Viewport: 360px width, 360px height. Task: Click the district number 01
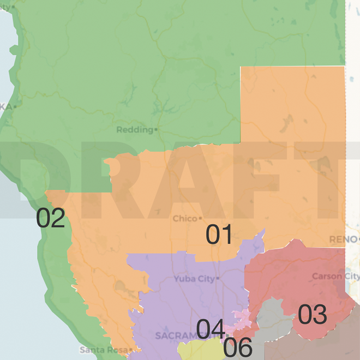[x=219, y=235]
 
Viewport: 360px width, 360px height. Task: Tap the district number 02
[x=50, y=219]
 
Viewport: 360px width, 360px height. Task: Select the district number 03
[x=312, y=315]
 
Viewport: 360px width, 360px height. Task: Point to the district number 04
[x=211, y=329]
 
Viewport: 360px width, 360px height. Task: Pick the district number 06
[x=238, y=348]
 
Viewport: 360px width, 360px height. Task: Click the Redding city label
[x=134, y=130]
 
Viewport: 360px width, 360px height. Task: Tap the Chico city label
[x=184, y=219]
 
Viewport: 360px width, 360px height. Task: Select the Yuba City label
[x=194, y=279]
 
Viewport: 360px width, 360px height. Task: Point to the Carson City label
[x=335, y=277]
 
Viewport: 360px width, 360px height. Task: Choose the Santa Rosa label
[x=104, y=350]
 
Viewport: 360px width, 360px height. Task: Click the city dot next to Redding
[x=156, y=130]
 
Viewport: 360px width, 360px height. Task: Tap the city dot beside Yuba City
[x=217, y=279]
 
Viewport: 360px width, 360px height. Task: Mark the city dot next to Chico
[x=200, y=219]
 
